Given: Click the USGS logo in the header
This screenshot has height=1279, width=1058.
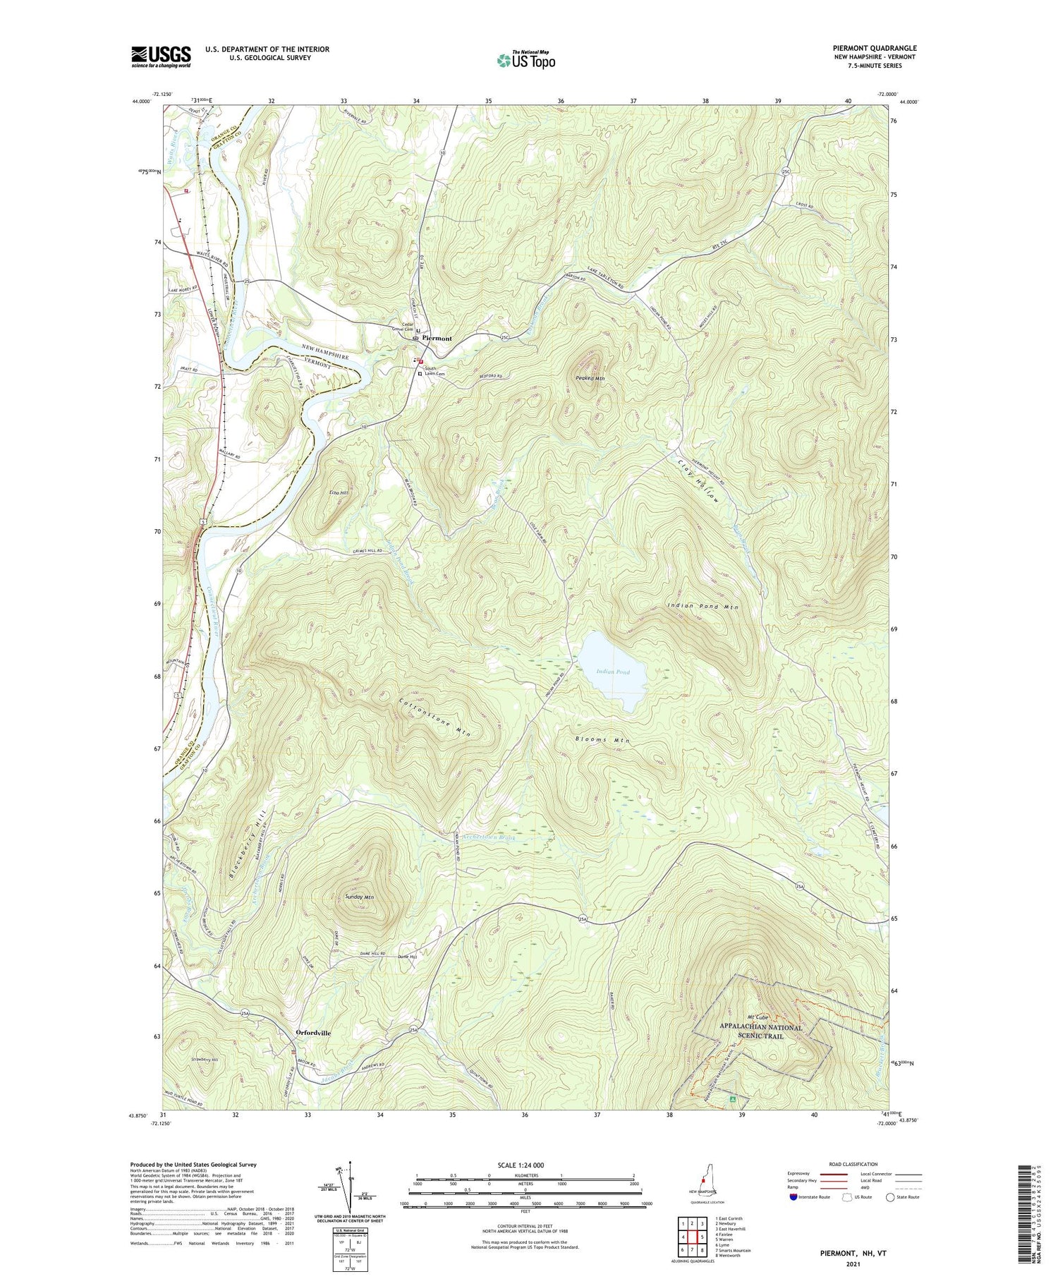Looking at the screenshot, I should coord(161,56).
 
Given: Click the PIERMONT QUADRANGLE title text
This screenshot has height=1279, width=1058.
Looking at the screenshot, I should coord(874,48).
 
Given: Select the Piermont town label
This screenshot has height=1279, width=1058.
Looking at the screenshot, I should coord(437,339).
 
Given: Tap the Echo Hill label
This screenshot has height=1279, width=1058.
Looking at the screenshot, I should coord(339,492).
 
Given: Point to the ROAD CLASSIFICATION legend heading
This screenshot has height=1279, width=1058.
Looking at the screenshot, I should coord(853,1164).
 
